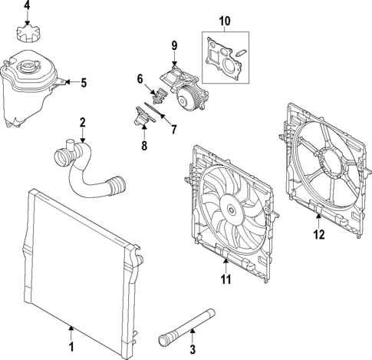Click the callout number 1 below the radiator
(71, 347)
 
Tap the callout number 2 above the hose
(82, 123)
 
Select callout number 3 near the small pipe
(193, 349)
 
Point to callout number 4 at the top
(27, 5)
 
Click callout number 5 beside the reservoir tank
(84, 83)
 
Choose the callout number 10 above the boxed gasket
(225, 21)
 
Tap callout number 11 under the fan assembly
(226, 279)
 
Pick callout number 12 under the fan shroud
(319, 234)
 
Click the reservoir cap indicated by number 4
(28, 34)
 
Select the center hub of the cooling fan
(232, 210)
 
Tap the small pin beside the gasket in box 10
(241, 52)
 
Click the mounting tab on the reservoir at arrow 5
(61, 82)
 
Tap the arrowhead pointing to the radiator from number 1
(71, 328)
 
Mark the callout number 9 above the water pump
(174, 45)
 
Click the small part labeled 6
(160, 95)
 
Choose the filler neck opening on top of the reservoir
(27, 66)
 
